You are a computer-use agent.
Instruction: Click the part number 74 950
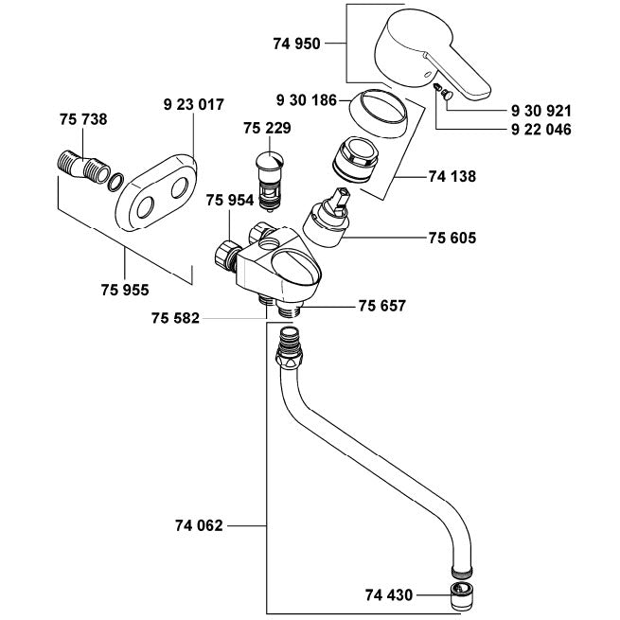click(x=296, y=44)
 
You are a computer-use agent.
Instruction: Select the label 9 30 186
click(x=307, y=100)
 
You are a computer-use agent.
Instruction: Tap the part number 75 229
click(x=267, y=128)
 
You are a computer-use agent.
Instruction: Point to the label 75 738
click(x=83, y=119)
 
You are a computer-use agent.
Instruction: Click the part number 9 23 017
click(x=194, y=105)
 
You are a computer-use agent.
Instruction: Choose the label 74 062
click(x=199, y=525)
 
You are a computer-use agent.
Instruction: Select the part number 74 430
click(x=389, y=595)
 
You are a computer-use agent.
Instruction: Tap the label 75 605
click(x=452, y=238)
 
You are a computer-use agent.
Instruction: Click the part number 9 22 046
click(x=541, y=130)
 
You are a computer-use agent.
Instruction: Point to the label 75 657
click(x=382, y=306)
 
